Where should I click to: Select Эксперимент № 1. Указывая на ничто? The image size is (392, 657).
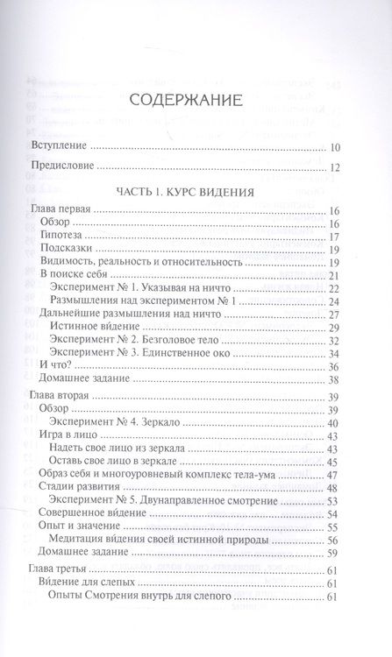click(x=155, y=287)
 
